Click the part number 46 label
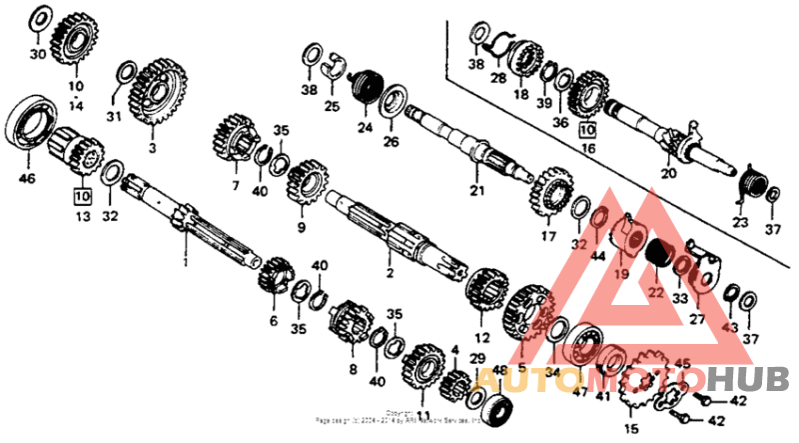[x=26, y=180]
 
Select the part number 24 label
[x=364, y=128]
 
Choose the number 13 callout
[x=82, y=216]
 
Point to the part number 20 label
[x=668, y=174]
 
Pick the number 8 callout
[x=352, y=369]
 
